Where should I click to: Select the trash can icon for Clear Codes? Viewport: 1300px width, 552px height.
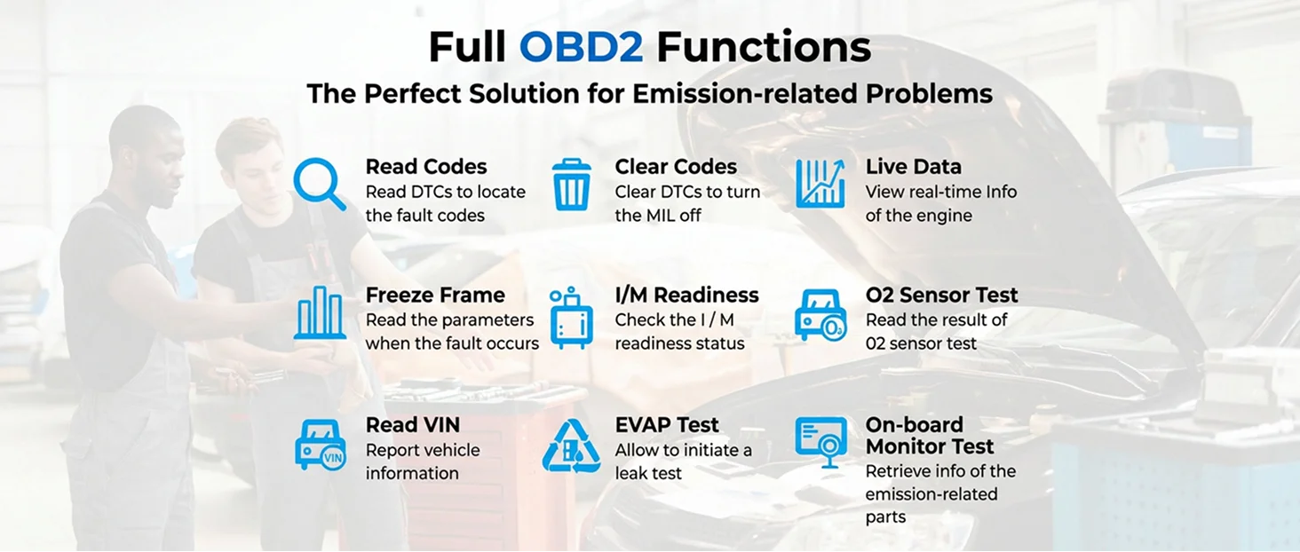coord(572,185)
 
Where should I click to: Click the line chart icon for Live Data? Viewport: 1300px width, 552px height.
coord(820,183)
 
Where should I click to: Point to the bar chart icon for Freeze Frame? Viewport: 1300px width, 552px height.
coord(320,312)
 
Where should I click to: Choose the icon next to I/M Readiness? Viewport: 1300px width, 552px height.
coord(571,317)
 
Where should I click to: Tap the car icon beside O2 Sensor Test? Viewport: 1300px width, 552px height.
coord(820,315)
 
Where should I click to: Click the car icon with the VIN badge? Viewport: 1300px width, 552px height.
coord(321,446)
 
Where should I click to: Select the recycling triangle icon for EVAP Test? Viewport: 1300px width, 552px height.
coord(571,446)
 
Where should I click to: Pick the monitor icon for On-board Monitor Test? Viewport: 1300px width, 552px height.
coord(820,443)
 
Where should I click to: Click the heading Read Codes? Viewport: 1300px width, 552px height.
coord(426,167)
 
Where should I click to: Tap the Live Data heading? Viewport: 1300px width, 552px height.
coord(914,167)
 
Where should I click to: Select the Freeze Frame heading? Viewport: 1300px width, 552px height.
coord(435,295)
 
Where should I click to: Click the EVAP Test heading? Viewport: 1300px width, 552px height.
coord(667,424)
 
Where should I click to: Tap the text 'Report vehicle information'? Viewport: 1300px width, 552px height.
coord(423,461)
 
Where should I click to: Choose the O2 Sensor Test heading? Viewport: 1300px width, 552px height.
coord(941,295)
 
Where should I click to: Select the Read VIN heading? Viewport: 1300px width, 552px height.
coord(413,424)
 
